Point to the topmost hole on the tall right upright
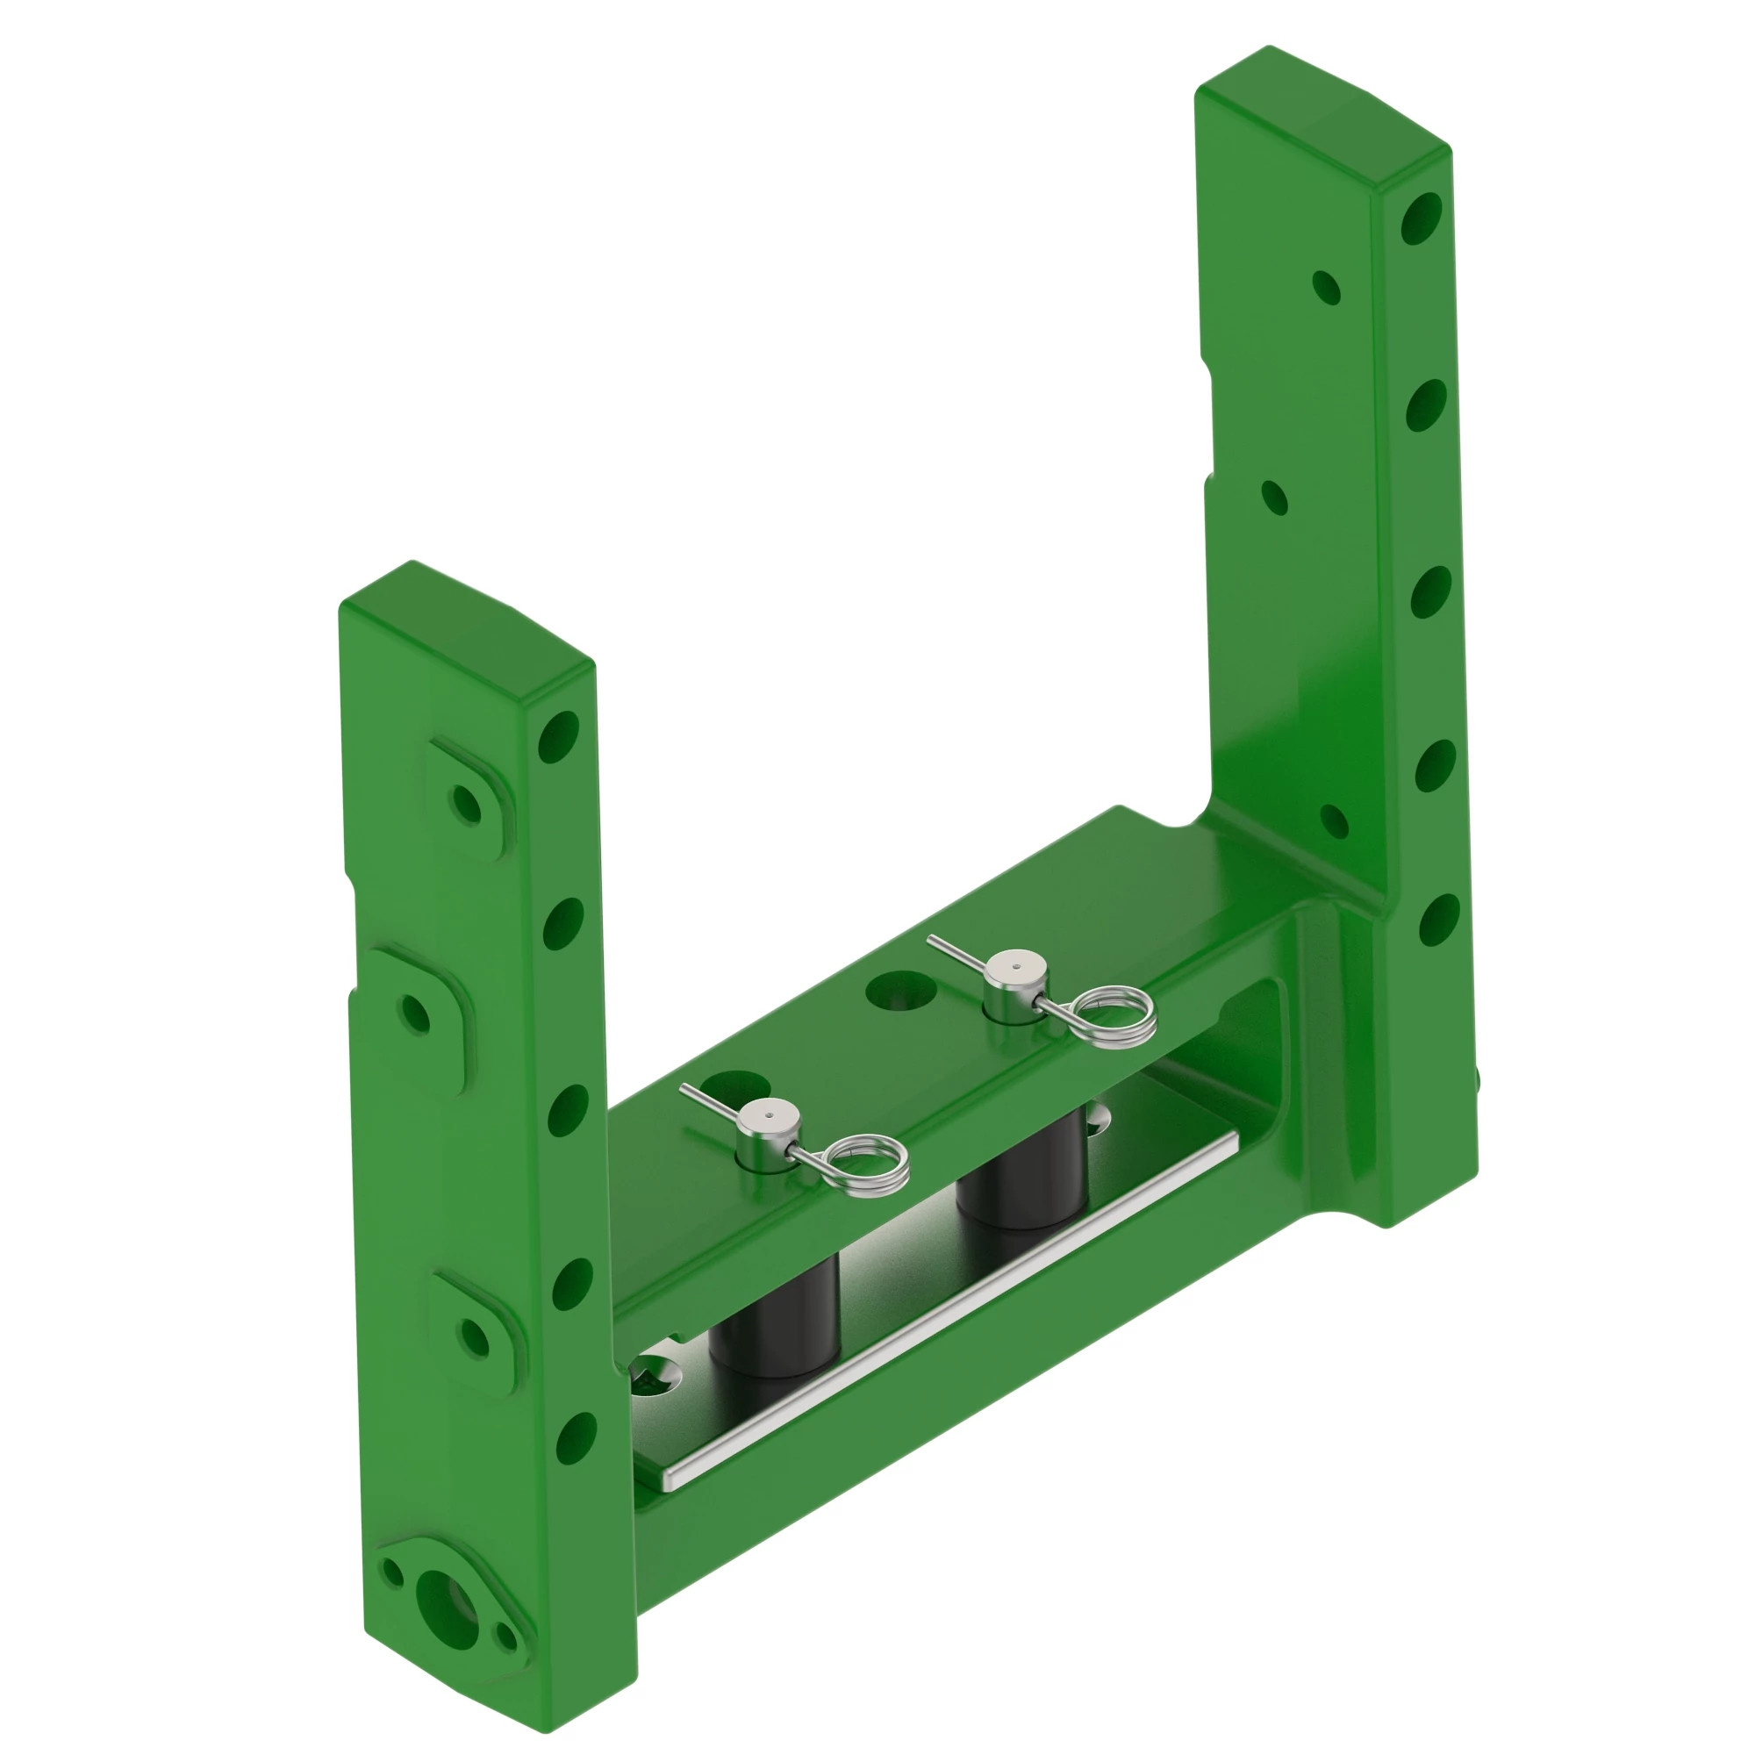click(1422, 218)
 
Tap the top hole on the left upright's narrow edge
click(559, 737)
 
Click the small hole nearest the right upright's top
click(1327, 288)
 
